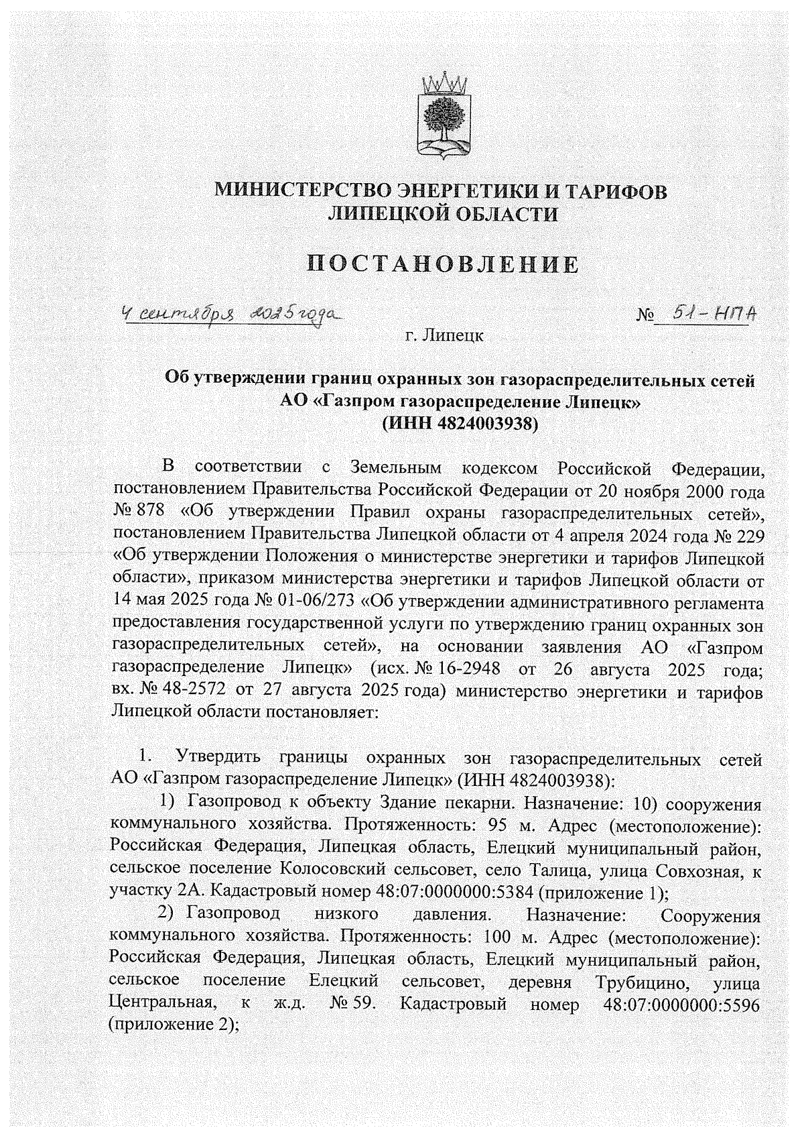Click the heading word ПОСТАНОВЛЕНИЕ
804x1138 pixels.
443,265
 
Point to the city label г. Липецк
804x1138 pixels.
444,335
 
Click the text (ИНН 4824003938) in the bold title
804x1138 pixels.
460,424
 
